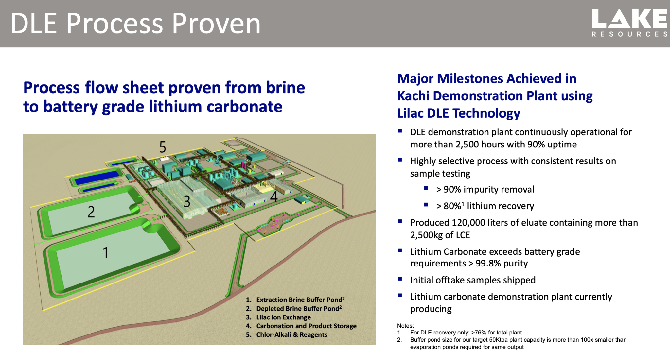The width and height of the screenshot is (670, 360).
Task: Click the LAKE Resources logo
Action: (x=629, y=23)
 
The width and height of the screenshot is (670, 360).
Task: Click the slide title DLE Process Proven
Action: (x=135, y=24)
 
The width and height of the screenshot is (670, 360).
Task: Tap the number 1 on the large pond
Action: (x=105, y=253)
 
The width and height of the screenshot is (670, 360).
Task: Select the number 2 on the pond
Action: (x=91, y=212)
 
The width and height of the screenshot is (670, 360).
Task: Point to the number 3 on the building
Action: (x=187, y=201)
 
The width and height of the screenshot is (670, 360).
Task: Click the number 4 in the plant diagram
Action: (x=274, y=197)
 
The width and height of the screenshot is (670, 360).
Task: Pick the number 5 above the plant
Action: (x=163, y=147)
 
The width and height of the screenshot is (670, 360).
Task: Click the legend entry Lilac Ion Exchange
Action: (x=283, y=317)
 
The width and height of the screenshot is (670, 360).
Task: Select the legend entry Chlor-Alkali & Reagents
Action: (x=291, y=334)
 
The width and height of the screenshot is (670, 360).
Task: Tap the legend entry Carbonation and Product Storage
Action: (x=306, y=326)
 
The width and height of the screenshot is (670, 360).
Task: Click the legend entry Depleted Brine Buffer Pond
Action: (x=299, y=308)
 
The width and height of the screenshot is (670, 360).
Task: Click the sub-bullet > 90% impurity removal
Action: (x=485, y=189)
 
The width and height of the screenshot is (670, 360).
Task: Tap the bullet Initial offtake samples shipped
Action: (x=473, y=280)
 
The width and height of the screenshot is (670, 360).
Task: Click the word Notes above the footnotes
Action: (x=405, y=326)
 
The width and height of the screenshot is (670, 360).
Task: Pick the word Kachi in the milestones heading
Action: (x=413, y=96)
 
